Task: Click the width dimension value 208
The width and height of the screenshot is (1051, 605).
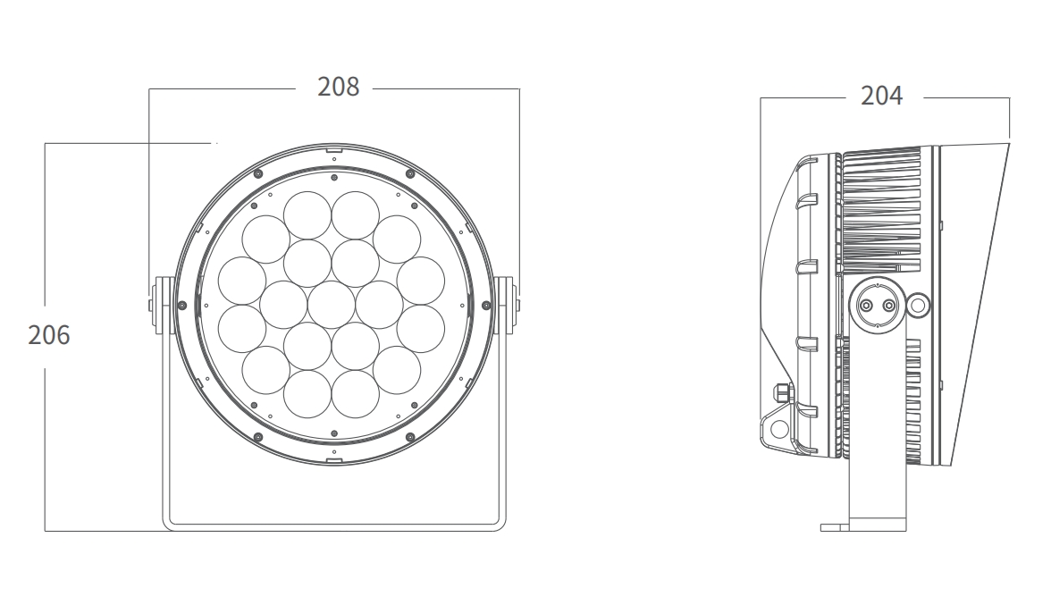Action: click(x=339, y=87)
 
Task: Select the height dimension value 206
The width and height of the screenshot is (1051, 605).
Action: click(x=49, y=335)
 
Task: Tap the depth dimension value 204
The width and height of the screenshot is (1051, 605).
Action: click(x=881, y=96)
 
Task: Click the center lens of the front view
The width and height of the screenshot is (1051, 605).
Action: click(x=332, y=305)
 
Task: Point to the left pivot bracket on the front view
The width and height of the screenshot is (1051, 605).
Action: click(x=161, y=306)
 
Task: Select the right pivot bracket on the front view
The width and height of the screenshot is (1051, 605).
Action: click(x=506, y=306)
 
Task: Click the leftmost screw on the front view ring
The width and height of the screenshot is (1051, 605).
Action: click(x=181, y=306)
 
